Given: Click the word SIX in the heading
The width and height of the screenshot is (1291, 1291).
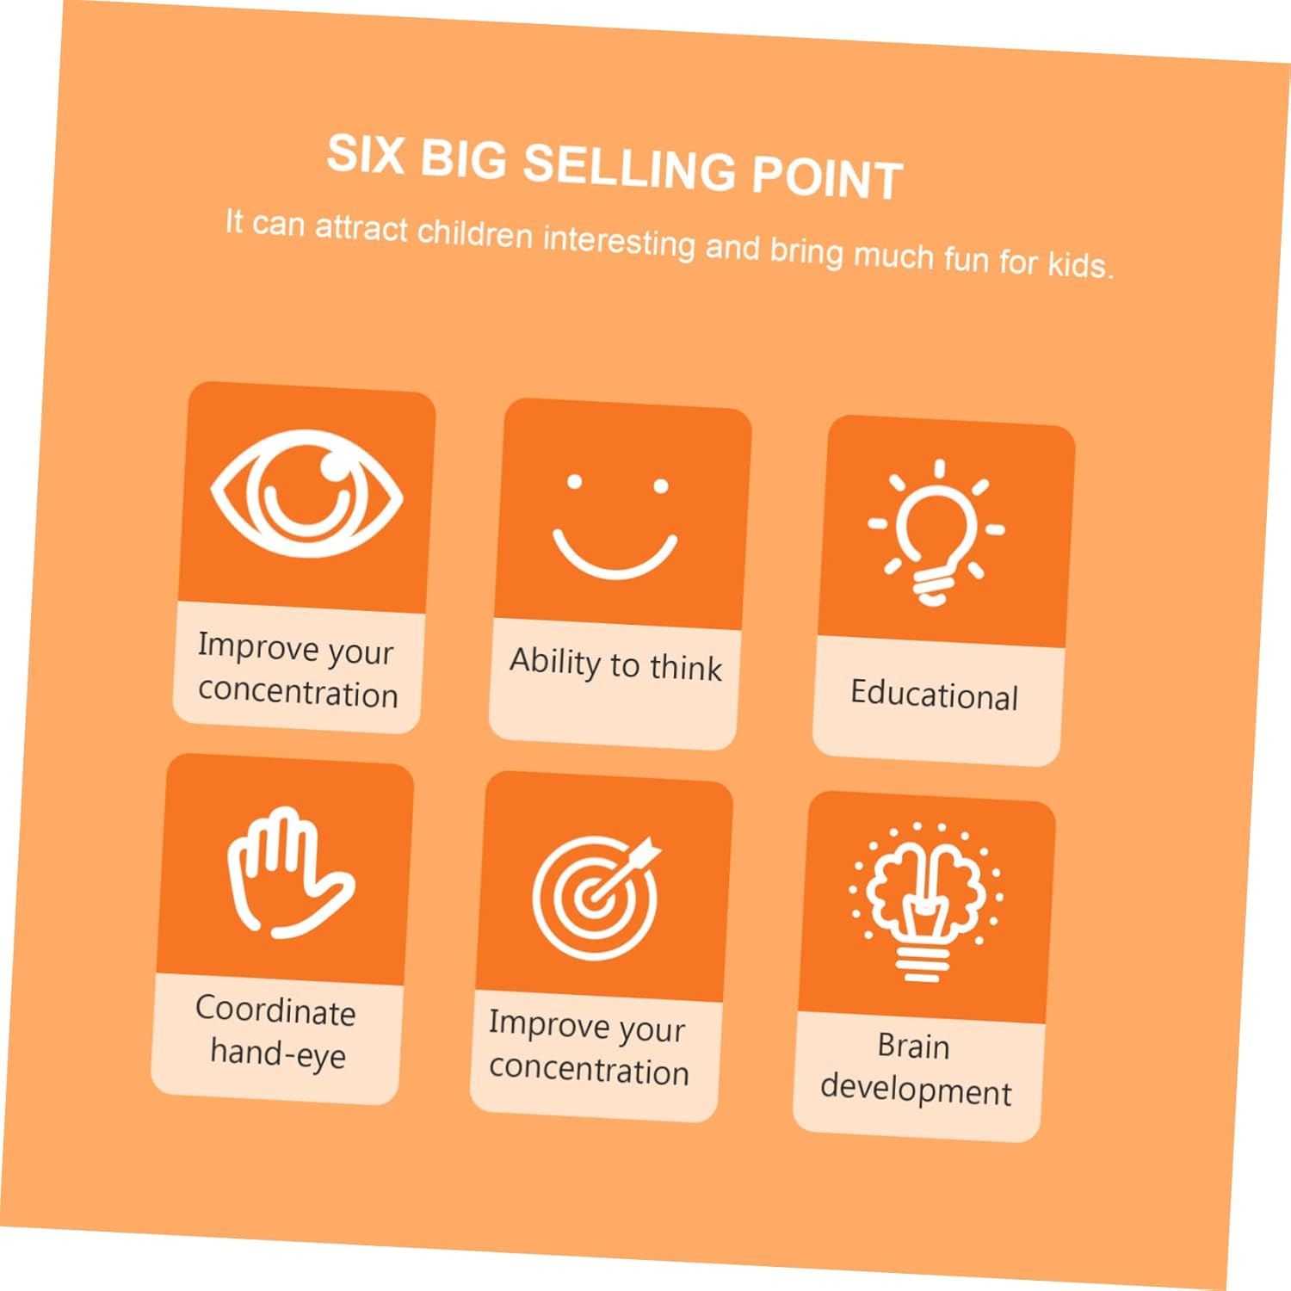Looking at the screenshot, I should point(366,155).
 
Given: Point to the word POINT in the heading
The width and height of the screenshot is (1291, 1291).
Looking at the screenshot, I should point(827,177).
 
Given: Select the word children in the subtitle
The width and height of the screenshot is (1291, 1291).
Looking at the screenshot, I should point(475,233).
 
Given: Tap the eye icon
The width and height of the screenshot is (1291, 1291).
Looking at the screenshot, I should point(307,495).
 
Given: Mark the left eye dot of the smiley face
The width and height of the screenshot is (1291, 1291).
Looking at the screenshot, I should point(574,482).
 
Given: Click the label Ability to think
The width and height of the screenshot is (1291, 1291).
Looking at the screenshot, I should point(615,664).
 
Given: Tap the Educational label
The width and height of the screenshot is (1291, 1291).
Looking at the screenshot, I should point(934,694).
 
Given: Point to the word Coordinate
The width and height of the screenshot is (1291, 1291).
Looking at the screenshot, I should point(275,1010).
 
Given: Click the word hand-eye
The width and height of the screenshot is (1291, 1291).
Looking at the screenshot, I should point(278,1053).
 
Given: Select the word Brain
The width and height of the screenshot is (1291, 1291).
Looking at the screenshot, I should point(913,1046).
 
